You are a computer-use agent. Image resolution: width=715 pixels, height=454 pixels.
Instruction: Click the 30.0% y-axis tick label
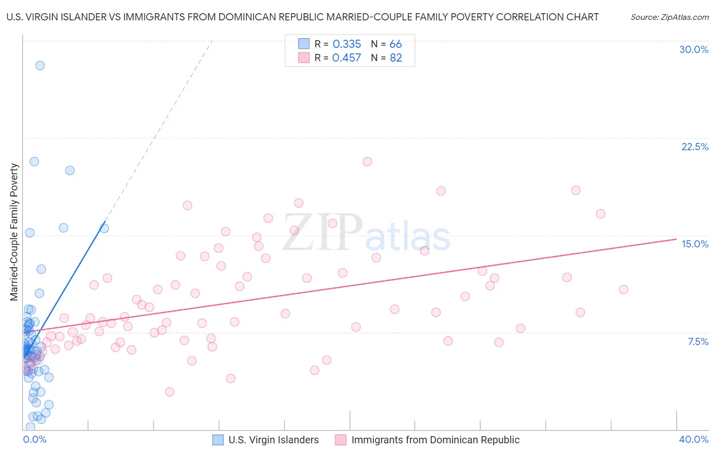click(694, 49)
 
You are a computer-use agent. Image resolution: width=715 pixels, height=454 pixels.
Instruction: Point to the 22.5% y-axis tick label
click(695, 147)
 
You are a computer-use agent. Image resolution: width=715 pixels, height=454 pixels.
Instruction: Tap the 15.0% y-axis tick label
click(695, 244)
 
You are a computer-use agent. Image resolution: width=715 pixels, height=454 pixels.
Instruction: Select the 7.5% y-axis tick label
click(698, 342)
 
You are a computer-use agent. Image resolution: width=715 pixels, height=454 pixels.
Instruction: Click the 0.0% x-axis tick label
click(35, 439)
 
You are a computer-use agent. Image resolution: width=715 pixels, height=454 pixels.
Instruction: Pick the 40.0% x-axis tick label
click(694, 439)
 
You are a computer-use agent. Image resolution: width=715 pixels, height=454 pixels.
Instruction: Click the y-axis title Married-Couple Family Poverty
click(14, 232)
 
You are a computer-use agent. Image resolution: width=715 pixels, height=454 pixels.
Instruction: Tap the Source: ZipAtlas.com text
click(669, 17)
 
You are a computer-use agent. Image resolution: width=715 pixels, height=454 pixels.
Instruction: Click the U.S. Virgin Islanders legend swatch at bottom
click(218, 440)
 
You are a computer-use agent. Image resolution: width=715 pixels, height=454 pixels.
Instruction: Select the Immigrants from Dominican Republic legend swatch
click(341, 440)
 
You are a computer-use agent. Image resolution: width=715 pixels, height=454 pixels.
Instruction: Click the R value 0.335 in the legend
click(347, 44)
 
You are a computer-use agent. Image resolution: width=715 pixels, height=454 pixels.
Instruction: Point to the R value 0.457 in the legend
click(347, 58)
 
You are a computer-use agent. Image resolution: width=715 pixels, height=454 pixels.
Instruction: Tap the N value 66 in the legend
click(396, 44)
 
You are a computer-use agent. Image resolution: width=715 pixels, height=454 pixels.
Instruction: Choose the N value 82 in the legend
click(396, 58)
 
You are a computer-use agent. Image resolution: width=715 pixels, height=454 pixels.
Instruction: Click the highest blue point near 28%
click(40, 66)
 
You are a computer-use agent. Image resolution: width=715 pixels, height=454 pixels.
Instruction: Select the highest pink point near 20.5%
click(367, 161)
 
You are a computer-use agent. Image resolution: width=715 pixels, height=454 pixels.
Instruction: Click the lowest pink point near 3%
click(170, 392)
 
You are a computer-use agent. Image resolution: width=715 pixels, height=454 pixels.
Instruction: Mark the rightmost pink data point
click(623, 290)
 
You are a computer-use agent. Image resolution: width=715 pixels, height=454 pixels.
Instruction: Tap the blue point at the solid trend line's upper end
click(104, 229)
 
